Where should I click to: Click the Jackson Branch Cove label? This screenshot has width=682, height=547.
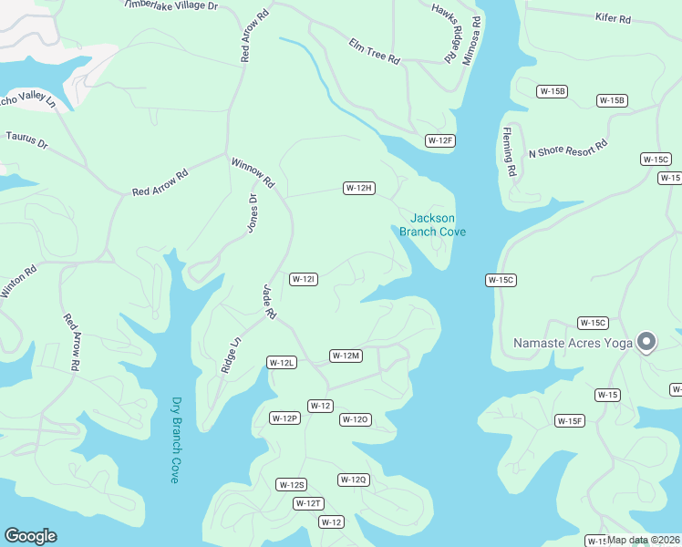pos(432,224)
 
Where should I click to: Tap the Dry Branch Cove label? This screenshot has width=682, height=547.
pos(176,439)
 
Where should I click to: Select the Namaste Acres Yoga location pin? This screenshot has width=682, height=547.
pos(646,342)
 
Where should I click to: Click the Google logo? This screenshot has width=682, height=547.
pos(30,536)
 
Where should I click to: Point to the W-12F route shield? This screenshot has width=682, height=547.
pos(440,140)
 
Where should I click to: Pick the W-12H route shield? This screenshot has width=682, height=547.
pos(359,188)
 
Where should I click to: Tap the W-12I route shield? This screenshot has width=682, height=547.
pos(303,279)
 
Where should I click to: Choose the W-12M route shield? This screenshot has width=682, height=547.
pos(346,356)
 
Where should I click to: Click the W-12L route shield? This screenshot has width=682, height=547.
pos(282,362)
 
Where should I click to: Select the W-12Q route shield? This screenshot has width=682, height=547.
pos(353,480)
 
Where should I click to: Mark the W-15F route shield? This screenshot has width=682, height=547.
pos(570,420)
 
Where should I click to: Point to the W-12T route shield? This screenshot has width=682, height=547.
pos(308,503)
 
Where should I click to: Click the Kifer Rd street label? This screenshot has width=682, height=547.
pos(613,17)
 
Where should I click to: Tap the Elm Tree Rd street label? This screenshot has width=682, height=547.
pos(374,52)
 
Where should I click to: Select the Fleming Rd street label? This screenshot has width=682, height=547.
pos(509,151)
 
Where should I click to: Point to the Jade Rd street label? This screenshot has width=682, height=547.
pos(269,301)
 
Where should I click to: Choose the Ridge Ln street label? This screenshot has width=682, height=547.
pos(230,356)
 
